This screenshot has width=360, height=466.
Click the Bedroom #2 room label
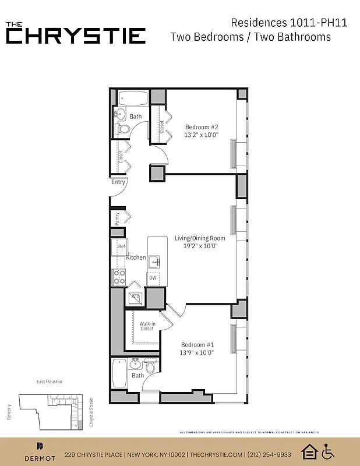202,127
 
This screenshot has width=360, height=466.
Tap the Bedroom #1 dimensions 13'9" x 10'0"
197,352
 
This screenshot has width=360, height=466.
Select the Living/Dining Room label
200,238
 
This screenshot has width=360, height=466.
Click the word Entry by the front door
118,182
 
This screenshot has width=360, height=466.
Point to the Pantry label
118,218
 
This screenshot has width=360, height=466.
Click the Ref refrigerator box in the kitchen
121,247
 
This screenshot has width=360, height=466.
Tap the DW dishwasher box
153,278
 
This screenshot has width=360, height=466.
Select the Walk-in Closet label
147,326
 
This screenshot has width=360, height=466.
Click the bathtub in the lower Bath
119,373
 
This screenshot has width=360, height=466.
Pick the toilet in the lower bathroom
150,367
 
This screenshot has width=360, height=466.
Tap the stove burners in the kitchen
119,277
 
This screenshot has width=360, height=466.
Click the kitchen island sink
154,261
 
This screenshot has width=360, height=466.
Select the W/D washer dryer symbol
135,297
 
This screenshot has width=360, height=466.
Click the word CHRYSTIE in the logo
76,36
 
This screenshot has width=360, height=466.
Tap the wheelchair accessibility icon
328,451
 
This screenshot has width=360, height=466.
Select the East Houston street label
49,382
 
